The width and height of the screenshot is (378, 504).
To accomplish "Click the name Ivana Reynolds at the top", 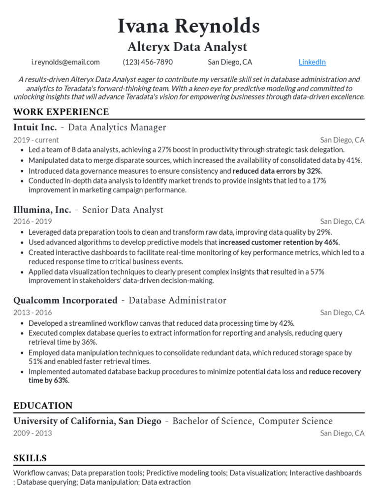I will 189,26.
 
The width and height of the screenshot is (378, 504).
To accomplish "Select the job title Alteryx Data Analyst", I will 187,47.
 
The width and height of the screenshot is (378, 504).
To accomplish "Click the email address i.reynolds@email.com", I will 65,62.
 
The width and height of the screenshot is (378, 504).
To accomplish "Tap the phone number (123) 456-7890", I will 148,62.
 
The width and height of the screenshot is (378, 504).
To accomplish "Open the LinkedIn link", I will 312,62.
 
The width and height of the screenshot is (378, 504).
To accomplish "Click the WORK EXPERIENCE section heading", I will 61,112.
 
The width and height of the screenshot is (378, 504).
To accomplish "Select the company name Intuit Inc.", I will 35,127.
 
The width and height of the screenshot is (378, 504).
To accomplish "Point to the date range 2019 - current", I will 36,140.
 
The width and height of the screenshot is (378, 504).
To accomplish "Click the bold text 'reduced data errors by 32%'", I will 277,171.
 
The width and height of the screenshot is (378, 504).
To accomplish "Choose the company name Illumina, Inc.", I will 42,210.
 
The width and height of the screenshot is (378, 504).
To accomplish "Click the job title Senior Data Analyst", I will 123,210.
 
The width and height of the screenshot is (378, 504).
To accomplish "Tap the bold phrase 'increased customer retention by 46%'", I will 279,242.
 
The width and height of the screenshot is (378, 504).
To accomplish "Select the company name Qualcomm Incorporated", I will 65,300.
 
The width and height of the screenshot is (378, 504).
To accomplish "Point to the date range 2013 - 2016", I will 32,313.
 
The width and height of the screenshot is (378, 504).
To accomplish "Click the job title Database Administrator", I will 177,300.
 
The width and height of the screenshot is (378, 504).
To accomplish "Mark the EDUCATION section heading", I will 43,406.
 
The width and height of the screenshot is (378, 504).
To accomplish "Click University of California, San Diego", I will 87,421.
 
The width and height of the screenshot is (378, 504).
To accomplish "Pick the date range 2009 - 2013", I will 32,433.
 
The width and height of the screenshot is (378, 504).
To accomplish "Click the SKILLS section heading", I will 30,458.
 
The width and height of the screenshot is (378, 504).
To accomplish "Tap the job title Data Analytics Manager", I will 117,127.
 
